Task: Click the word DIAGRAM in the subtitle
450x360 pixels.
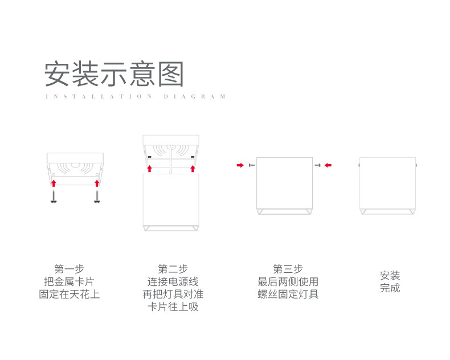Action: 195,97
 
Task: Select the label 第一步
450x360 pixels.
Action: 69,269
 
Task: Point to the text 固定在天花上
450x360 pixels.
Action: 69,294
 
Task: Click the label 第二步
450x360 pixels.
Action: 173,269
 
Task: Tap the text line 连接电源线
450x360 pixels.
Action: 173,281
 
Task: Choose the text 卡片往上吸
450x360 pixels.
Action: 173,307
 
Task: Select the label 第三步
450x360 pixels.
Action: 288,269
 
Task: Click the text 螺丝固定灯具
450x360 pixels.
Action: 288,294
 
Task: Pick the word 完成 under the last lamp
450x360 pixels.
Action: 390,288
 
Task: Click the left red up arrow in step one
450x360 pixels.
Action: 54,183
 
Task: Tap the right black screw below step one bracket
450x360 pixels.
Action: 97,197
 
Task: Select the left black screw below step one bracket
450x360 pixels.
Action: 54,197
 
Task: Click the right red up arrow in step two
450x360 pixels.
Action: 193,169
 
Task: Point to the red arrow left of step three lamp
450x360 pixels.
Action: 240,165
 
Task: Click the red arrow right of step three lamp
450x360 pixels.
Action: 328,165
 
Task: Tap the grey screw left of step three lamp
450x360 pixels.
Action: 251,165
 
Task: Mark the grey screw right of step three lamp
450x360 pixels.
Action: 318,165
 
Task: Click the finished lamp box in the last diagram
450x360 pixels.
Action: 387,185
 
